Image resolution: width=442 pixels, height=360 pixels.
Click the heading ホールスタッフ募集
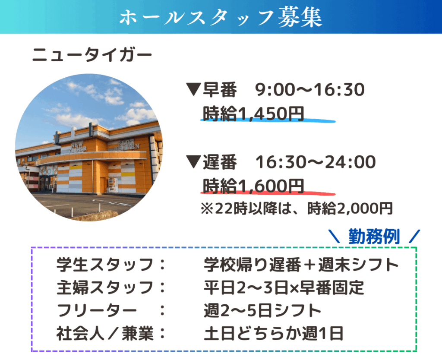coord(221,17)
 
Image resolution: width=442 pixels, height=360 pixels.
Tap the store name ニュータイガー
coord(92,54)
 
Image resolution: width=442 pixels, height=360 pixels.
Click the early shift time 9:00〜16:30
coord(309,90)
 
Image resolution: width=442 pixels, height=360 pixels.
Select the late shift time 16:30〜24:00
coord(316,162)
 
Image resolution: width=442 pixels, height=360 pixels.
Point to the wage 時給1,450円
coord(253,114)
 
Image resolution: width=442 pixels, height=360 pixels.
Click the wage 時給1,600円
coord(253,186)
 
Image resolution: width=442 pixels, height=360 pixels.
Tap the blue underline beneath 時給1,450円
coord(268,121)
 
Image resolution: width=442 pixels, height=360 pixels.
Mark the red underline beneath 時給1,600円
coord(268,193)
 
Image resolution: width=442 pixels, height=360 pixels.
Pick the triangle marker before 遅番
coord(193,162)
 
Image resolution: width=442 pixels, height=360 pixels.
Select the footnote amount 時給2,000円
coord(350,208)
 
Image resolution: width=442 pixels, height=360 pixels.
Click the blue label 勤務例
coord(374,236)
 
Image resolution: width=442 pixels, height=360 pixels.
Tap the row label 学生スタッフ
coord(105,265)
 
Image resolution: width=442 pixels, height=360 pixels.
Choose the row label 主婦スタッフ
coord(105,287)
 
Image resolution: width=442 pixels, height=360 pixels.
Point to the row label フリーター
coord(97,310)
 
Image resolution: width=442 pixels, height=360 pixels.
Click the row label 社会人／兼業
coord(105,333)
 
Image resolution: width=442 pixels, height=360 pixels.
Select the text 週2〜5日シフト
coord(262,310)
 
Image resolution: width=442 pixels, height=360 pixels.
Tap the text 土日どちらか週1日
coord(273,333)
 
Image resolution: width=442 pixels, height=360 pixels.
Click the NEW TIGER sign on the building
coord(77,147)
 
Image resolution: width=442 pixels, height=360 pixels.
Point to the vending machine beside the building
coord(113,185)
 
